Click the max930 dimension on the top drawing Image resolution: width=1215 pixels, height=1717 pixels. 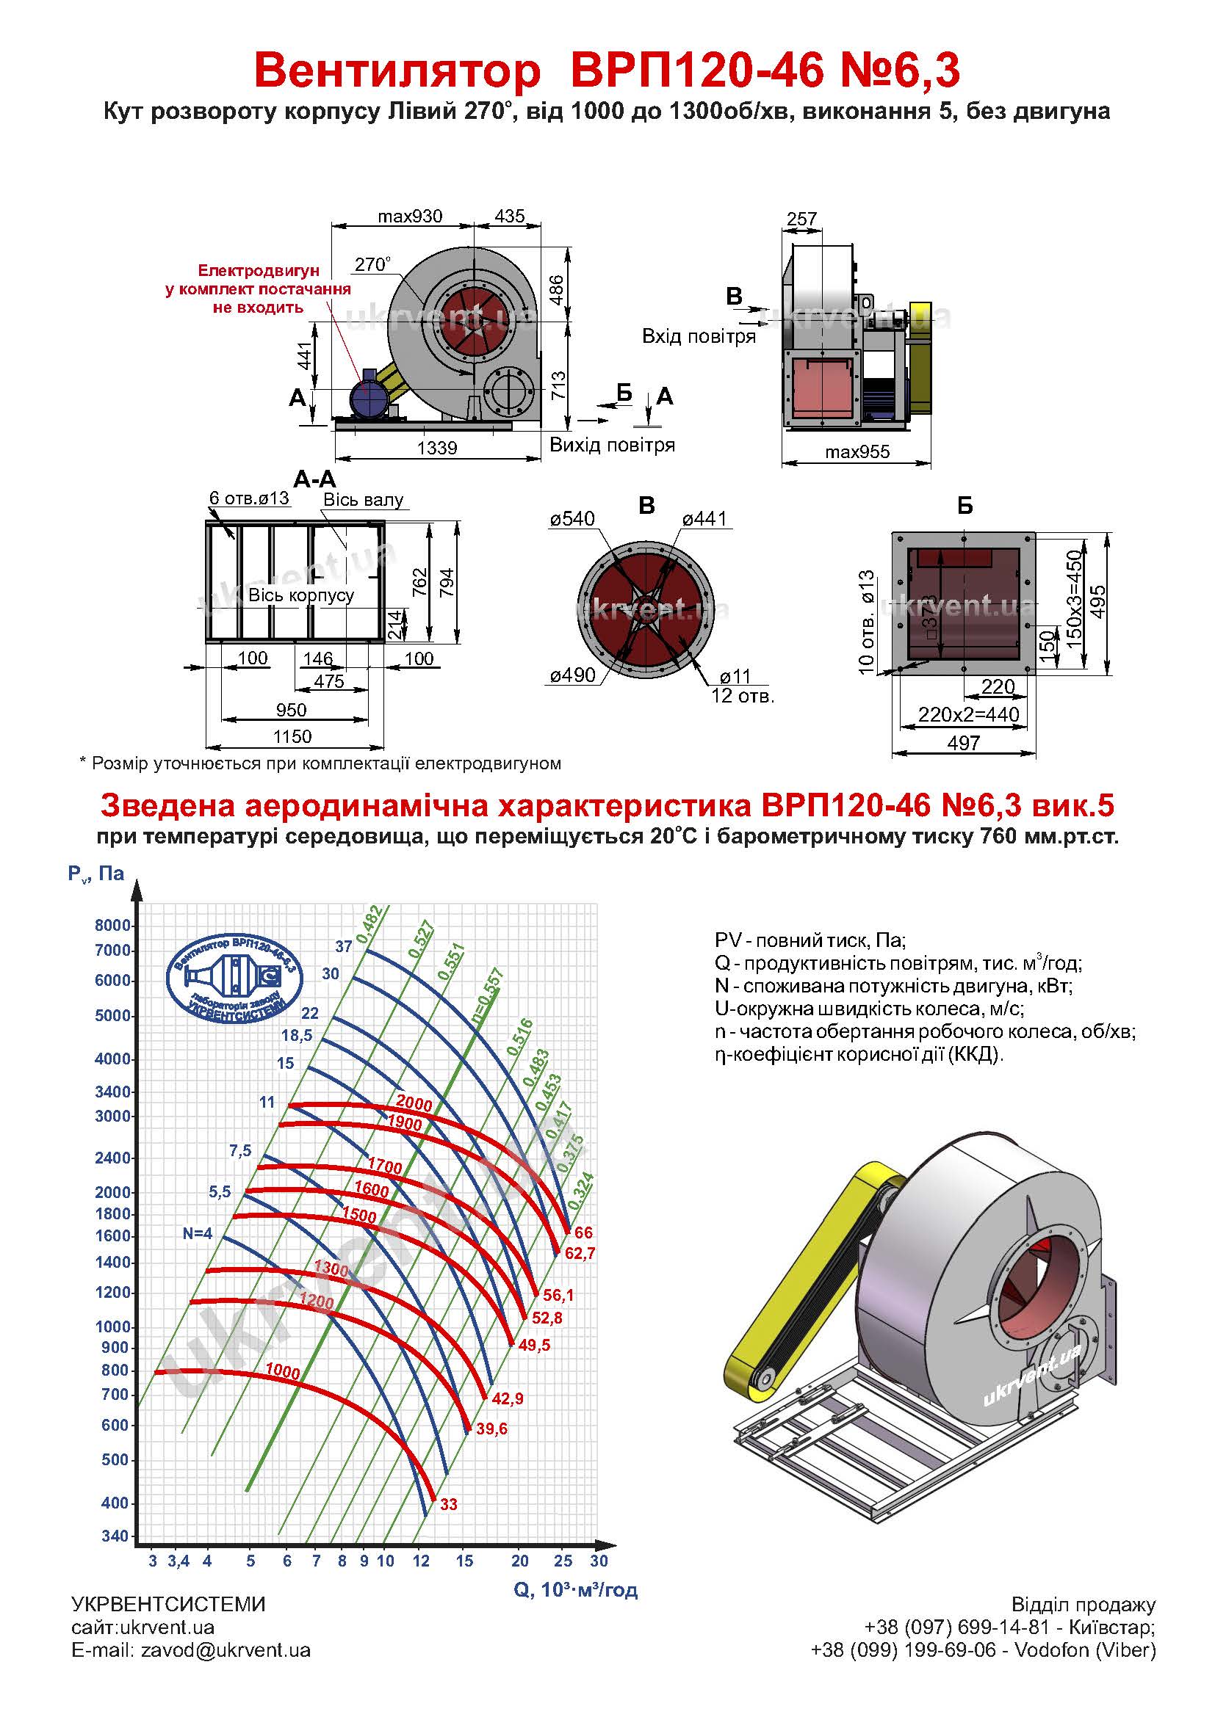tap(409, 216)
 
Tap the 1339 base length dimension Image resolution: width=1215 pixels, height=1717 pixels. tap(437, 447)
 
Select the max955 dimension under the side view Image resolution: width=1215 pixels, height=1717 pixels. tap(857, 451)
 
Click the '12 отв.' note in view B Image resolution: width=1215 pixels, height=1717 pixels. tap(742, 697)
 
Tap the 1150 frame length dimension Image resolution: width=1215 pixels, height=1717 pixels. tap(292, 736)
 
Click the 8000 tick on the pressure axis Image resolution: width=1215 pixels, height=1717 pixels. tap(113, 925)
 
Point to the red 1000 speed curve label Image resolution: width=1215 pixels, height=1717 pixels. tap(283, 1371)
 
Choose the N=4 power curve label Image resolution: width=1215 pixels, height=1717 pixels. tap(198, 1233)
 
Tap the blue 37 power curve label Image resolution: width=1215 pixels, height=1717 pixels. tap(343, 946)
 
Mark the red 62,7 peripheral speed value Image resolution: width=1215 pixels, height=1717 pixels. tap(580, 1252)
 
